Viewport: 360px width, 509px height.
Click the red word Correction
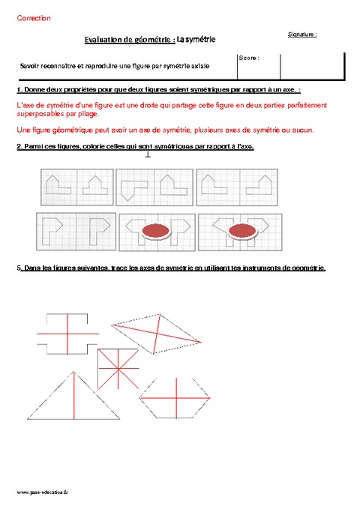(x=33, y=18)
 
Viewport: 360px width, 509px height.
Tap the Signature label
(x=301, y=34)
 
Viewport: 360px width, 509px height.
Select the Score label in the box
(x=249, y=58)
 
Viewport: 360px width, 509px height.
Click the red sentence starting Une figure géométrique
(x=164, y=130)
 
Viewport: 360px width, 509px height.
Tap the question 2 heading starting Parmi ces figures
(x=135, y=147)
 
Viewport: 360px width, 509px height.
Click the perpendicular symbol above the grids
(x=148, y=155)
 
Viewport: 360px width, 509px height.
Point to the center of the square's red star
(x=117, y=367)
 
